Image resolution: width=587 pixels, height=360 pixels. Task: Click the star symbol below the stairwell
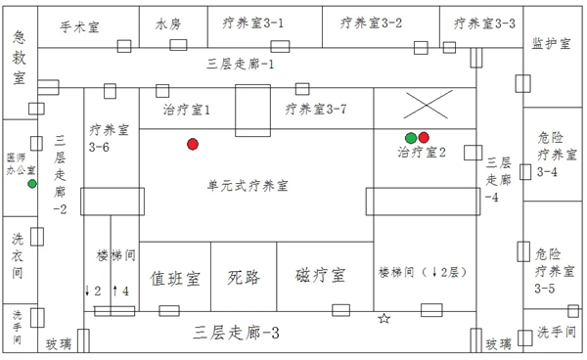click(x=384, y=319)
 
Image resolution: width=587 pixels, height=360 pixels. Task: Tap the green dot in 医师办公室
click(x=32, y=183)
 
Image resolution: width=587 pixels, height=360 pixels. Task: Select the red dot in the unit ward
click(x=193, y=145)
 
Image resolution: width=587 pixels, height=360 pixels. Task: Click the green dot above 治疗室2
click(x=411, y=137)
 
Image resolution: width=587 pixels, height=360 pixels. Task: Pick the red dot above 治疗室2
click(x=425, y=137)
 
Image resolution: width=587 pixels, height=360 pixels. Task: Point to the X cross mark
click(x=432, y=105)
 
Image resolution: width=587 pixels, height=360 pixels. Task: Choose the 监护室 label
click(x=551, y=44)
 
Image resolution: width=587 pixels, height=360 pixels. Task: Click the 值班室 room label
click(x=175, y=278)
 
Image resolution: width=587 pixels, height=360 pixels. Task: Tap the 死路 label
click(x=244, y=278)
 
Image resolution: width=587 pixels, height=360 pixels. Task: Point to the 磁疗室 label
click(x=320, y=278)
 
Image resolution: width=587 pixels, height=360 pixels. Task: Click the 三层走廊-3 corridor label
click(x=239, y=333)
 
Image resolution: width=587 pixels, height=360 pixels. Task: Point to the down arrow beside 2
click(x=87, y=291)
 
